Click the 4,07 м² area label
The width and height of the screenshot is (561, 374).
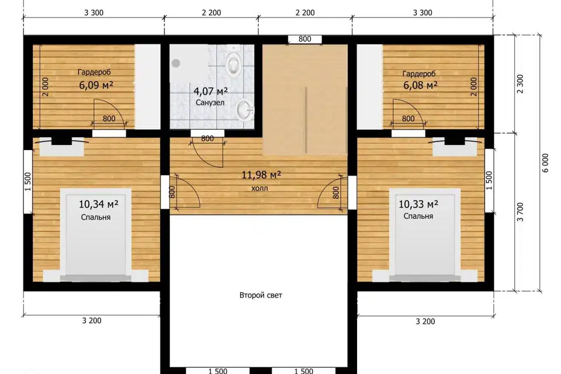point(211,92)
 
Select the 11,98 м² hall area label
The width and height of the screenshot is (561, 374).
point(261,175)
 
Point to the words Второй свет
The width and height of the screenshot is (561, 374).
point(261,295)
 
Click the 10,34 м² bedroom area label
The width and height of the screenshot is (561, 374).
point(98,204)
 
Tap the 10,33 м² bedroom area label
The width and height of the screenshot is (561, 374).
point(418,204)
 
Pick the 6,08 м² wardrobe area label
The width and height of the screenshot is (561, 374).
point(420,85)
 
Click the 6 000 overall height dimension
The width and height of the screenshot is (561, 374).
point(545,163)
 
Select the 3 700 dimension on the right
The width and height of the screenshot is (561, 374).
point(521,212)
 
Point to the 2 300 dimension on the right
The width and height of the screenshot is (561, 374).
point(521,84)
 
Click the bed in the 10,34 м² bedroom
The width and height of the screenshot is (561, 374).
point(95,234)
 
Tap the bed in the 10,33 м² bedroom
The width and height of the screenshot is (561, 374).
point(424,234)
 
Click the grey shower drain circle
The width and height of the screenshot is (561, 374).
point(176,63)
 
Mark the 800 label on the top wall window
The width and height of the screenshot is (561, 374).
point(304,39)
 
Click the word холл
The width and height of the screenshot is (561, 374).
point(259,188)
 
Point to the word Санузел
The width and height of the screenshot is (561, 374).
point(210,103)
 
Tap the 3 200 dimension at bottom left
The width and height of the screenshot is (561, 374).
point(92,321)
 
